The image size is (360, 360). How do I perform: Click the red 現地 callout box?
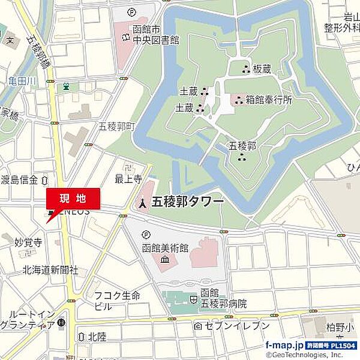click(73, 198)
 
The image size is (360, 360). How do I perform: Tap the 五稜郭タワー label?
click(188, 202)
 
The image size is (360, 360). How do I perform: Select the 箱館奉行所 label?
click(269, 100)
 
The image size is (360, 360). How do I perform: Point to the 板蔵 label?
click(262, 69)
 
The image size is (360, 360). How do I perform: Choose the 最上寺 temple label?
click(128, 178)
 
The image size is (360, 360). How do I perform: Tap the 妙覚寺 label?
click(28, 242)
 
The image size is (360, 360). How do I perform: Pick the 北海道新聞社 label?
click(50, 270)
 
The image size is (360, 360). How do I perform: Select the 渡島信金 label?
click(19, 179)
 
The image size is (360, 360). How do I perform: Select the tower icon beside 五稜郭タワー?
click(142, 203)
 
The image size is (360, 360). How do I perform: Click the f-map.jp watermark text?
click(284, 346)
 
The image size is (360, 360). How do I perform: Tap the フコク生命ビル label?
click(117, 300)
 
